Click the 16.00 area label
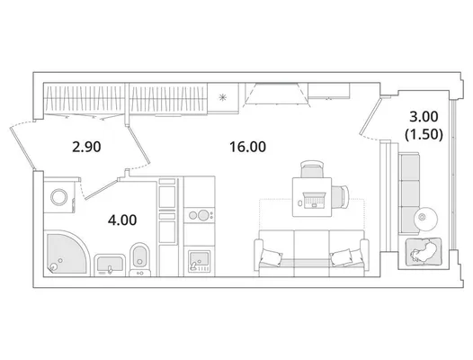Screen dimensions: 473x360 coord(247,147)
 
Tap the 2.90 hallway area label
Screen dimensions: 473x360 coord(86,148)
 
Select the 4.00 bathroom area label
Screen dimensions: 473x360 coord(122,220)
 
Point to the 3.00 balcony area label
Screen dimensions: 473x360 coord(424,117)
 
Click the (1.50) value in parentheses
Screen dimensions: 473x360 coord(424,134)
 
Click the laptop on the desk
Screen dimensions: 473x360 coord(314,200)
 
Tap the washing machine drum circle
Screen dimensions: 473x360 coord(59,197)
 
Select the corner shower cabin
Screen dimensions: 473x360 coord(67,253)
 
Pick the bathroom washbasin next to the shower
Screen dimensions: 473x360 coord(110,265)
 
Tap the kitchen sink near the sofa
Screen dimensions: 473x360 coord(199,261)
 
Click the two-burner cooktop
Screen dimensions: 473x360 coord(200,215)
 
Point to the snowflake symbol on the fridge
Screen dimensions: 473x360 coord(223,97)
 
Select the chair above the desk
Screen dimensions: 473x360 coord(313,169)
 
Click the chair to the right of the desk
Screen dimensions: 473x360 coord(340,196)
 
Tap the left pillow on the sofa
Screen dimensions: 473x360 coord(272,257)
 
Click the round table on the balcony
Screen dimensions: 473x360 coord(425,219)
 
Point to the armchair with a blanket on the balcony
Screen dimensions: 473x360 coord(424,252)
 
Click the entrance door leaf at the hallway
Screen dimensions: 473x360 coord(22,148)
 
